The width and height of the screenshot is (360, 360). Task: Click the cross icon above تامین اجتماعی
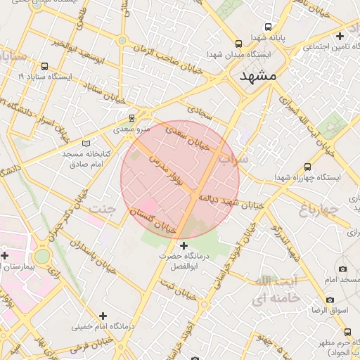pyautogui.click(x=340, y=35)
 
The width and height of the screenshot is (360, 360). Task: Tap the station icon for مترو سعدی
pyautogui.click(x=131, y=118)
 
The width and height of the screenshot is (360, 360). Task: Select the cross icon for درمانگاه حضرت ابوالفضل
pyautogui.click(x=184, y=245)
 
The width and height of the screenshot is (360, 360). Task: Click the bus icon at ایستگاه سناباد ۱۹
pyautogui.click(x=44, y=64)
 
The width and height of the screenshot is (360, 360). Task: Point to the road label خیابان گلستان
pyautogui.click(x=153, y=221)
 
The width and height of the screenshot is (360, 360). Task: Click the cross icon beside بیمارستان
pyautogui.click(x=6, y=255)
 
